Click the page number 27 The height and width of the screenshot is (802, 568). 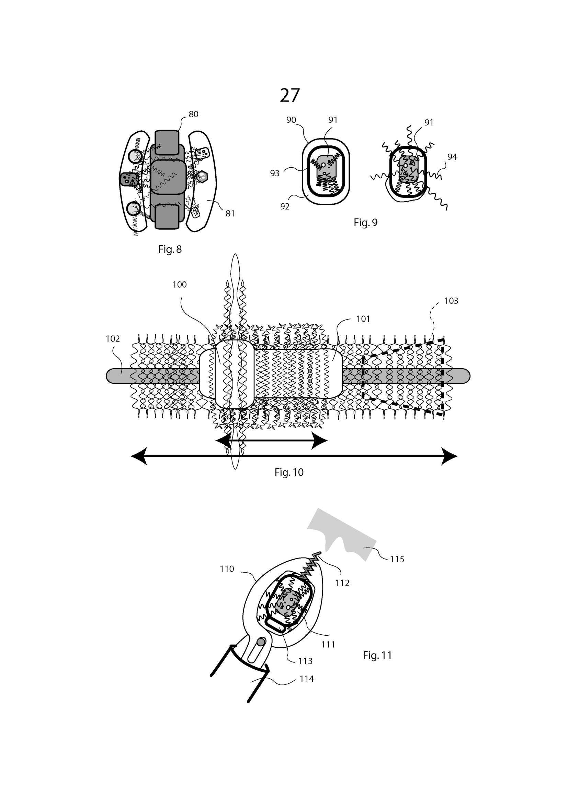point(289,95)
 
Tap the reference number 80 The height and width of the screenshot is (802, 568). point(193,114)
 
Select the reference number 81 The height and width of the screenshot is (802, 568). point(230,213)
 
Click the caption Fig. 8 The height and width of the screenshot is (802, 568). point(170,249)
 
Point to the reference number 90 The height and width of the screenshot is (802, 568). point(291,120)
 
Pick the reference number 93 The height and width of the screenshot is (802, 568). point(275,173)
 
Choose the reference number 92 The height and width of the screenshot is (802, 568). point(285,206)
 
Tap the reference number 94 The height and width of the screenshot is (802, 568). point(452,157)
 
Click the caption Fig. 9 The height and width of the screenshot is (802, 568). point(365,223)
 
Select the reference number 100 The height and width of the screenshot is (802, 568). point(179,285)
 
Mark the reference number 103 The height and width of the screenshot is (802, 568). point(451,301)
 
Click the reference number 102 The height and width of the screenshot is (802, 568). point(113,338)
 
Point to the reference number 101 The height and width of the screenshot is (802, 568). point(363,319)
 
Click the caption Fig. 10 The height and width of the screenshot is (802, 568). point(289,472)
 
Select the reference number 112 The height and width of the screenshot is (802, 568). point(342,583)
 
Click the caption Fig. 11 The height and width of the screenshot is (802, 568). point(377,655)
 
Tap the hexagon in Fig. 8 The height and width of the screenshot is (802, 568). point(202,177)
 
